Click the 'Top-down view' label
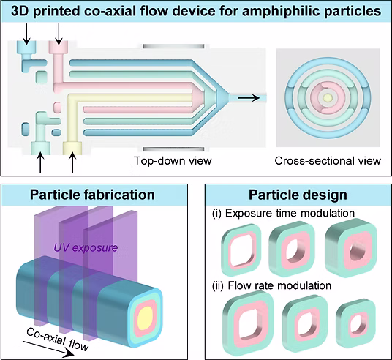tap(173, 161)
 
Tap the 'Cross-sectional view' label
tap(328, 161)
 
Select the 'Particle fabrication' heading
tap(92, 195)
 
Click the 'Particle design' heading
tap(298, 195)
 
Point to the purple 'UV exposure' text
tap(86, 247)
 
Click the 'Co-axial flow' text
tap(58, 340)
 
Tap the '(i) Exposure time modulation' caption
tap(283, 214)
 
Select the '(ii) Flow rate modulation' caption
tap(272, 285)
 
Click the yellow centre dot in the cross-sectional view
tap(328, 97)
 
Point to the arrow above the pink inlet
tap(59, 34)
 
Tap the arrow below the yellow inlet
tap(72, 163)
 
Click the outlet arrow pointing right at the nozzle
tap(249, 98)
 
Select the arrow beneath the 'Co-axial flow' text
tap(49, 348)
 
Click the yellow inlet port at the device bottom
tap(72, 148)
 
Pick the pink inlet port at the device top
tap(59, 46)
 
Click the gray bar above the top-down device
tap(173, 46)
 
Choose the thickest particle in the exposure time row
tap(350, 247)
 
